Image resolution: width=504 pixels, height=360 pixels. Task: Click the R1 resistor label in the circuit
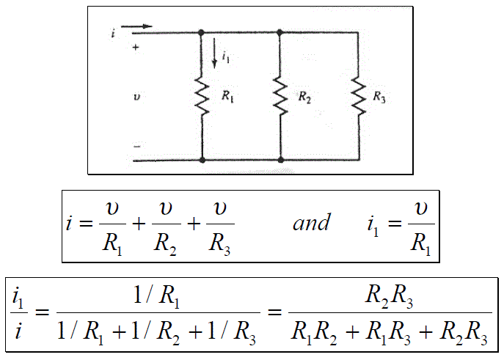coord(227,96)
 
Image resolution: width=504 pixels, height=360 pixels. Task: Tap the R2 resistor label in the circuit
coord(304,97)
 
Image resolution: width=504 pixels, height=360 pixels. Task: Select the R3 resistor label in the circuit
coord(379,97)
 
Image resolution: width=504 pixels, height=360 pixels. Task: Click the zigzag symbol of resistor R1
coord(202,96)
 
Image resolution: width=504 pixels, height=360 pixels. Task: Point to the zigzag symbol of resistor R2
coord(280,96)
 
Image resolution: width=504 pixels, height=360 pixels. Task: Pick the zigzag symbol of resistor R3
coord(359,96)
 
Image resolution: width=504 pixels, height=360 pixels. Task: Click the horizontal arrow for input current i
coord(136,26)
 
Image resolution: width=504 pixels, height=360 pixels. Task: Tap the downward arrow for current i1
coord(214,54)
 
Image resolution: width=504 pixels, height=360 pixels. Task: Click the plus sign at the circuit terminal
coord(136,48)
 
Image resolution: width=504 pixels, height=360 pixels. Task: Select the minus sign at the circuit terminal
coord(136,147)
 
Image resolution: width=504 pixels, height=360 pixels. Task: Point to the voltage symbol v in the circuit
coord(136,97)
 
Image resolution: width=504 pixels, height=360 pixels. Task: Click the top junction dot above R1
coord(201,32)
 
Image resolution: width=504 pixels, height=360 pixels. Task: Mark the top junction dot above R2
coord(280,32)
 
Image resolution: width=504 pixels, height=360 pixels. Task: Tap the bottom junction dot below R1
coord(202,160)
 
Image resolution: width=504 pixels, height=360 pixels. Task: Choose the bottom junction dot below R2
coord(280,160)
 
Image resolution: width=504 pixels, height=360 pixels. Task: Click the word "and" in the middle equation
coord(311,222)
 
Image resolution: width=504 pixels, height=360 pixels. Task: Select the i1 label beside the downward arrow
coord(226,57)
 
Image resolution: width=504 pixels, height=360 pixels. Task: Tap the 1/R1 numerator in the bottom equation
coord(156,296)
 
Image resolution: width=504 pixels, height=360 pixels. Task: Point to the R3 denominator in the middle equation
coord(220,244)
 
